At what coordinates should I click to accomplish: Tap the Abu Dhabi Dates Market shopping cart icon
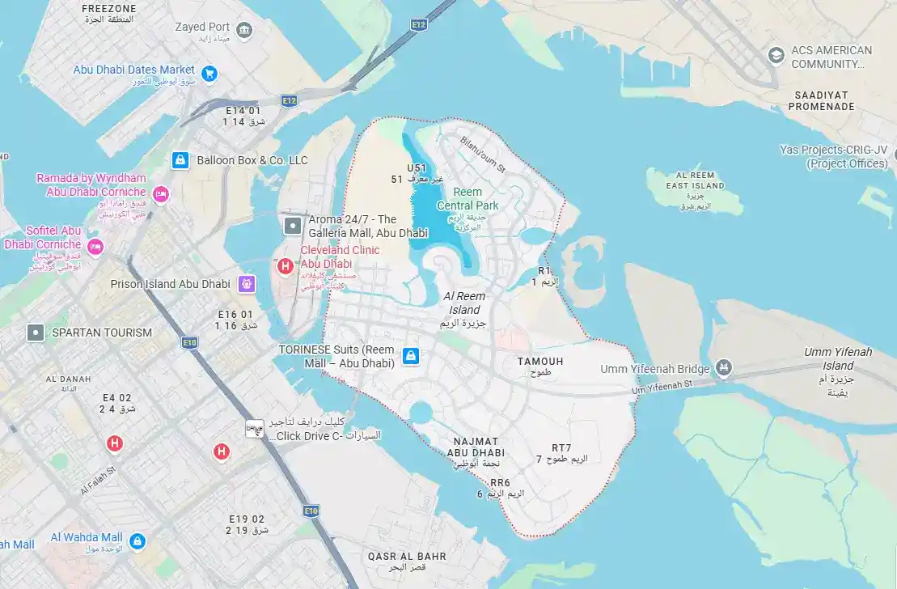pos(209,73)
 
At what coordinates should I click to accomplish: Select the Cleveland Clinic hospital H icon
pos(285,265)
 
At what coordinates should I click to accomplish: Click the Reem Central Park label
pos(468,199)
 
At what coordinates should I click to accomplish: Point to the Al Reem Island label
pos(464,303)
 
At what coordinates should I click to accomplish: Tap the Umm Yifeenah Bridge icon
pos(724,368)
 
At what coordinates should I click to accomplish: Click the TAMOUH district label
pos(540,362)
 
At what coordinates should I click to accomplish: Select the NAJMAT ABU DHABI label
pos(476,447)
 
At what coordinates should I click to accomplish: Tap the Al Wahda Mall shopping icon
pos(137,540)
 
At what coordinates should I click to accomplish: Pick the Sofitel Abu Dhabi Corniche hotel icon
pos(95,247)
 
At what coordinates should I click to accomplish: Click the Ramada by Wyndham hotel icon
pos(160,194)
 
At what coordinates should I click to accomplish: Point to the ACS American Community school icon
pos(776,55)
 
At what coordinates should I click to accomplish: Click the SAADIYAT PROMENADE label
pos(821,100)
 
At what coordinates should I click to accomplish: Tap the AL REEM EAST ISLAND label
pos(696,180)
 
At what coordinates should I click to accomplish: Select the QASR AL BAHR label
pos(407,557)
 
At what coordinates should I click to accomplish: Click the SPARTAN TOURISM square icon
pos(36,333)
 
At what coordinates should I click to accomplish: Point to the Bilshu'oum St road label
pos(482,154)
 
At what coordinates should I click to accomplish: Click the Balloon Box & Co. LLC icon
pos(181,160)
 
